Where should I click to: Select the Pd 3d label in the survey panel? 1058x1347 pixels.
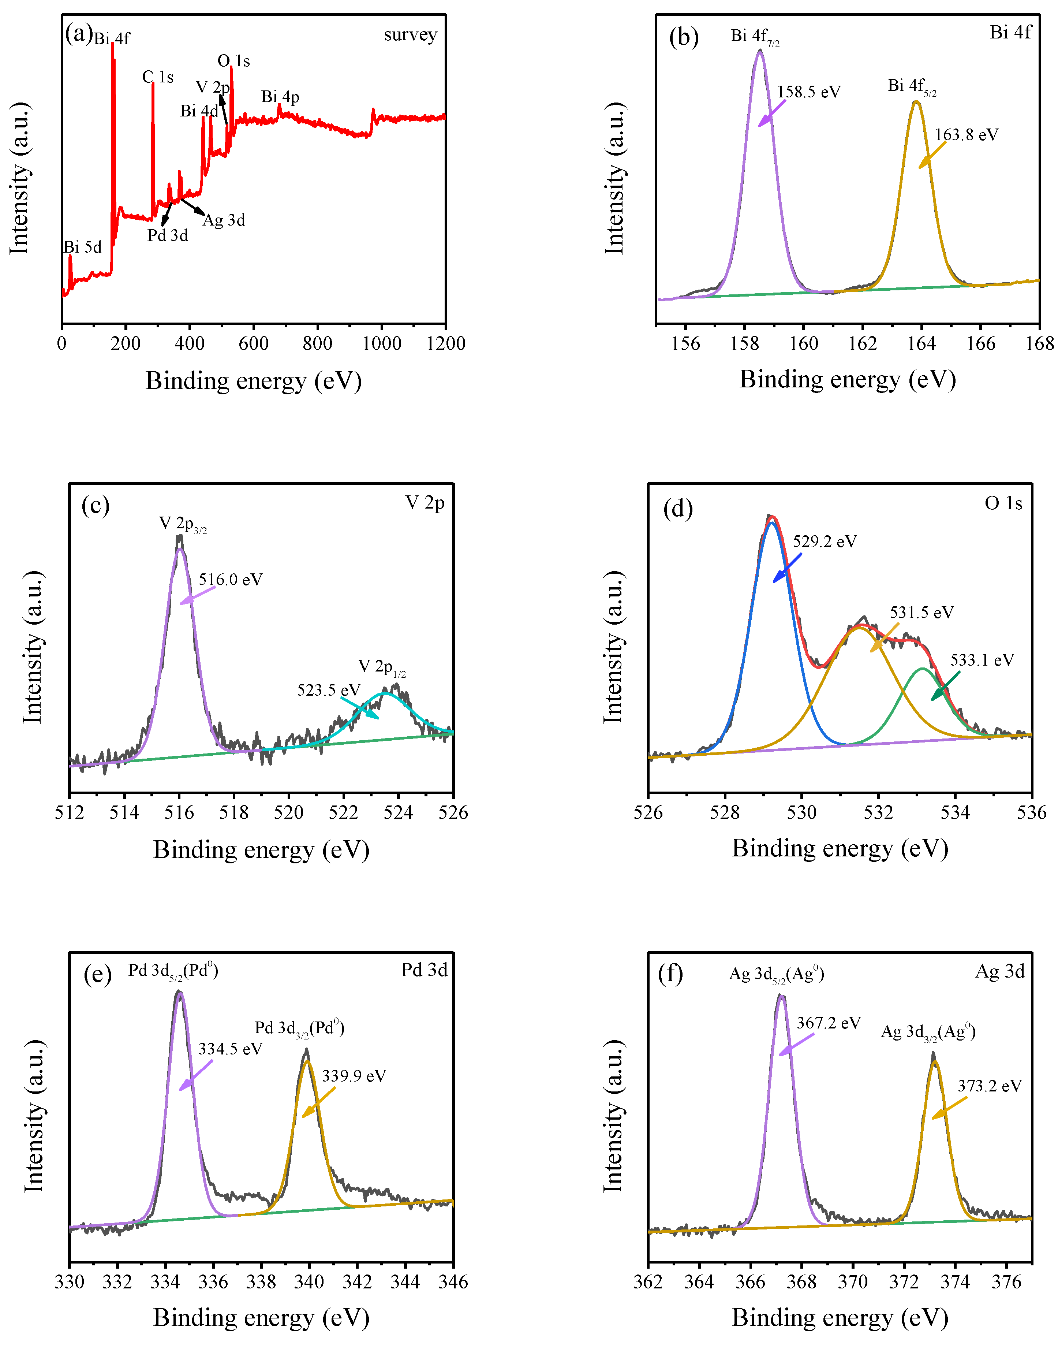[x=167, y=235]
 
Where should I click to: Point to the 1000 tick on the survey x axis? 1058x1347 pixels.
[x=382, y=343]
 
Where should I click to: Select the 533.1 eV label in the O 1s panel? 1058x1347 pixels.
[x=982, y=660]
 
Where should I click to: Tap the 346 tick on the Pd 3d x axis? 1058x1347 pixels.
[x=453, y=1281]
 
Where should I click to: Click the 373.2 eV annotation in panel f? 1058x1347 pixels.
[x=989, y=1086]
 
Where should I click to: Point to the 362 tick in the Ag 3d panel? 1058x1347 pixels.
[x=648, y=1281]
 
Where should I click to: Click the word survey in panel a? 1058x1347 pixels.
[x=410, y=35]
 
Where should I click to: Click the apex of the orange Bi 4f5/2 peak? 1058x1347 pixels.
[x=916, y=102]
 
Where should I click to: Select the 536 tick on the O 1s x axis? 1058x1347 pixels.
[x=1031, y=812]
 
